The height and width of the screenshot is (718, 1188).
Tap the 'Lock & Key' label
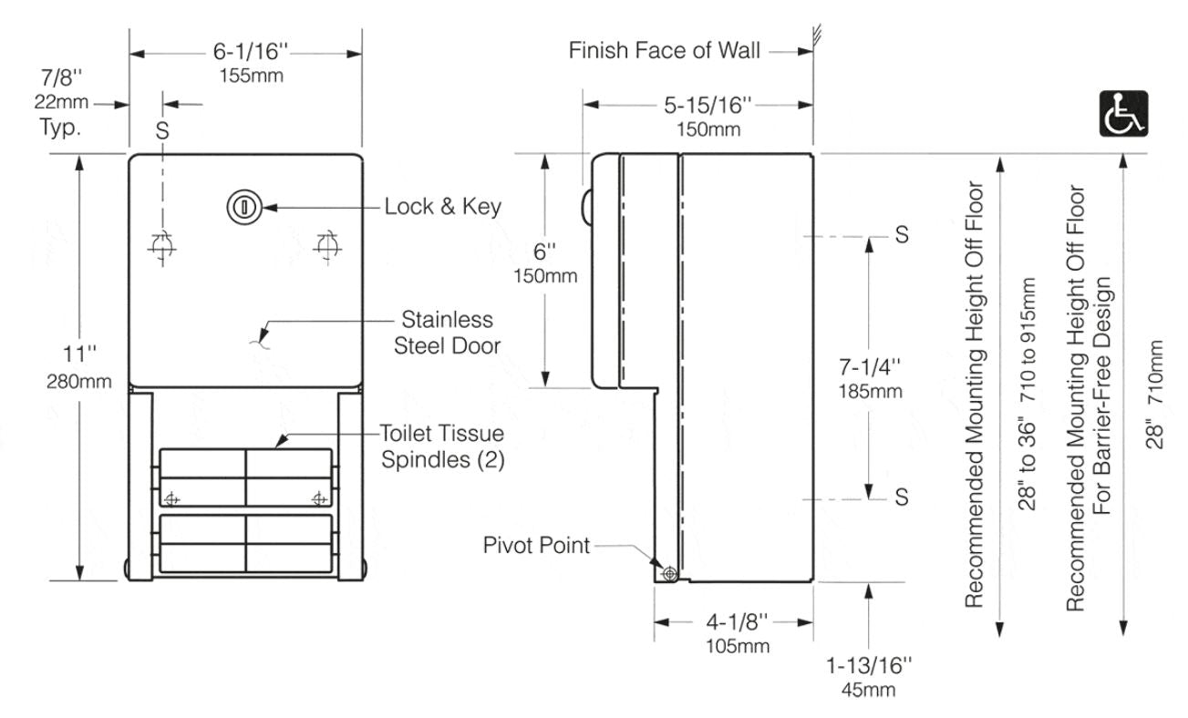pos(442,207)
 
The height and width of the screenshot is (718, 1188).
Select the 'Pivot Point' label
pos(536,546)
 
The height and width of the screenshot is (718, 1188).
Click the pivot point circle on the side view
pos(670,573)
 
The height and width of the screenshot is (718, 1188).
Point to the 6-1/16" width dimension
pos(245,55)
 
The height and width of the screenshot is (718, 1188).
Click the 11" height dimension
pos(81,353)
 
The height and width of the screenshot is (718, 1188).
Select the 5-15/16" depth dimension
pos(708,106)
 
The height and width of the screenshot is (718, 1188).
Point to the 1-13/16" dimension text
pos(868,667)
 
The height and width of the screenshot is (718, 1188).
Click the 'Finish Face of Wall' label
pos(664,50)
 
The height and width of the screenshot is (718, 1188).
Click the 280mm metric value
pos(81,381)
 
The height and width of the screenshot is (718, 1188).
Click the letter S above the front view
pos(162,130)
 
